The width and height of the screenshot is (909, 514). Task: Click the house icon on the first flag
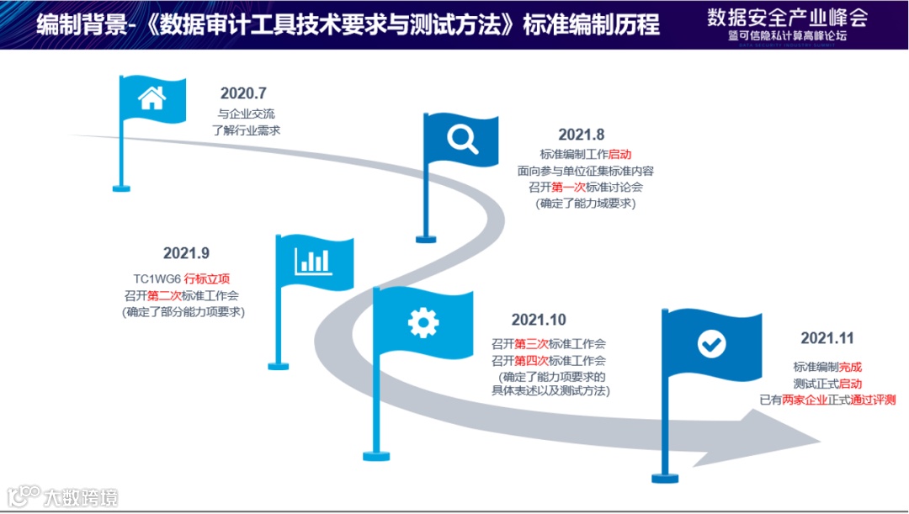point(151,98)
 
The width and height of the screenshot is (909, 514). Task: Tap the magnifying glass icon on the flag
point(462,137)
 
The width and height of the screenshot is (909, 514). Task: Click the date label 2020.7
point(243,93)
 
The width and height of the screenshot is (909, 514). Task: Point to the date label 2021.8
point(582,135)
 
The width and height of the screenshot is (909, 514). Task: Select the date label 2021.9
point(186,253)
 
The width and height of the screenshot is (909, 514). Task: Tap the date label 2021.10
point(539,320)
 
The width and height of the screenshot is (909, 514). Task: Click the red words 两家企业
point(805,400)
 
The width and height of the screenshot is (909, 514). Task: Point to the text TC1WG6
point(157,278)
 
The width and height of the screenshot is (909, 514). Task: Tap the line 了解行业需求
point(246,130)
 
